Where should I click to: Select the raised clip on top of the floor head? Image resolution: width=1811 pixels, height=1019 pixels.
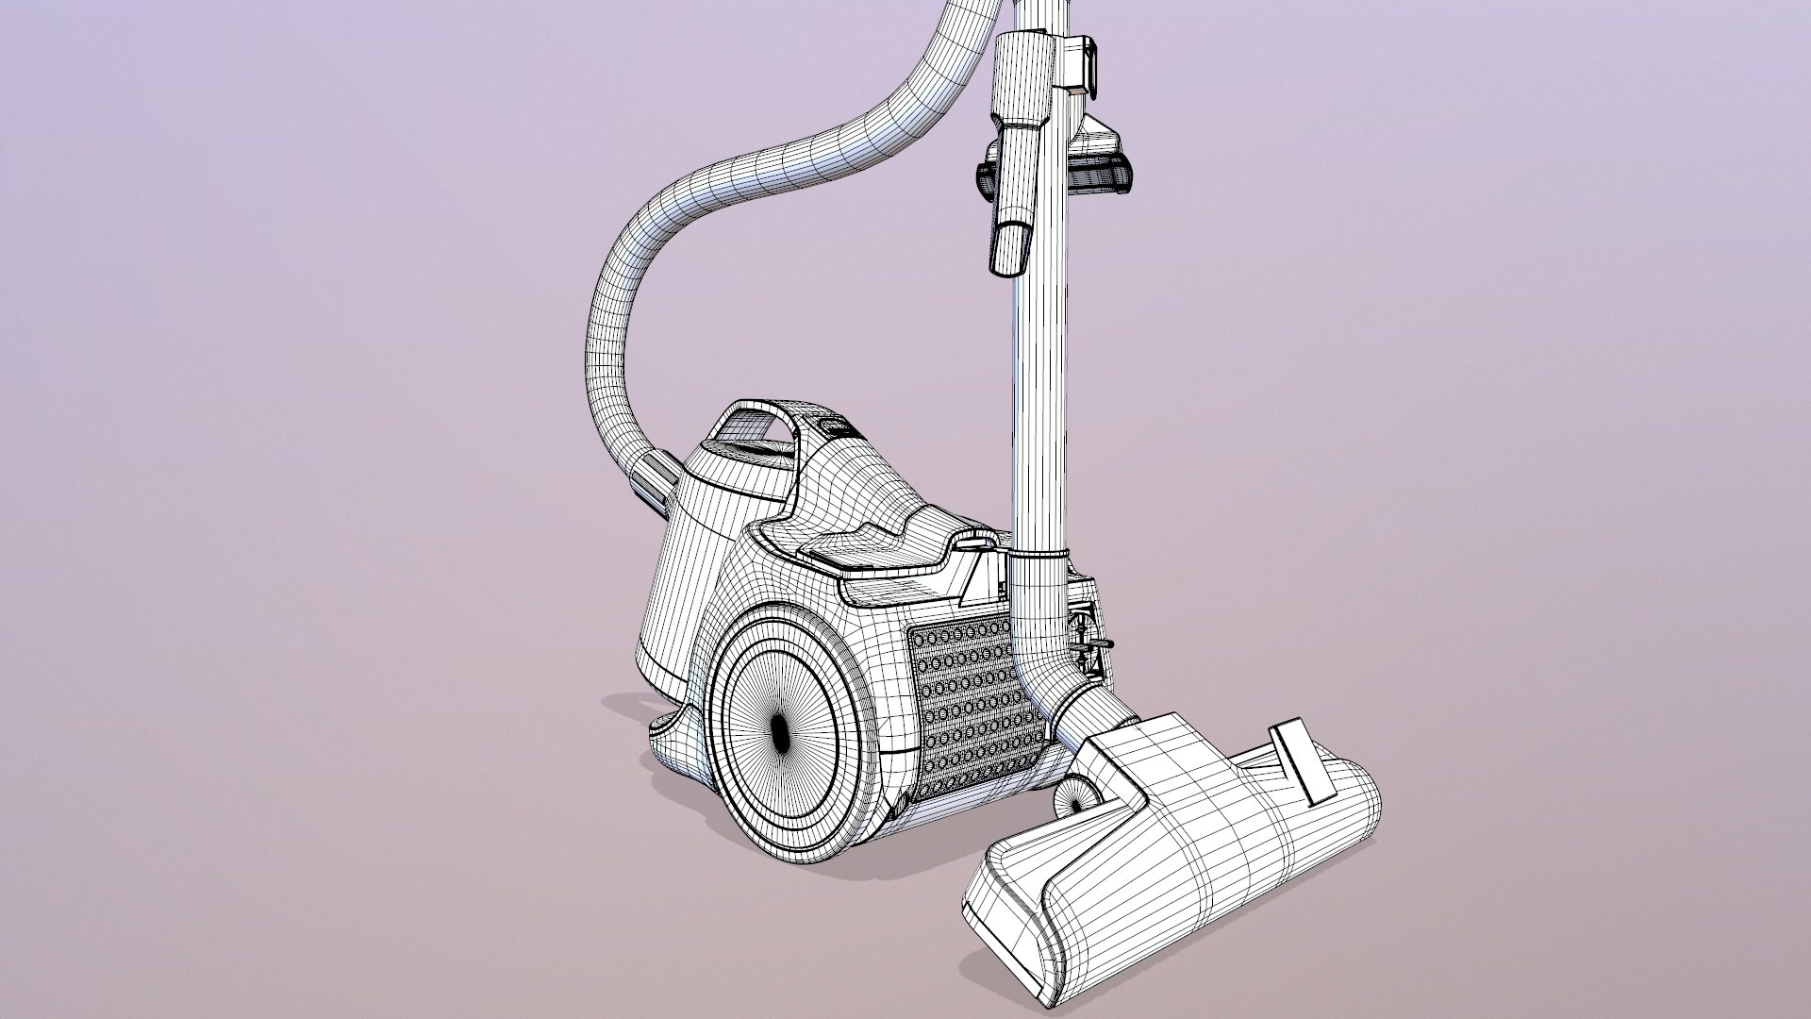tap(1302, 760)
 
